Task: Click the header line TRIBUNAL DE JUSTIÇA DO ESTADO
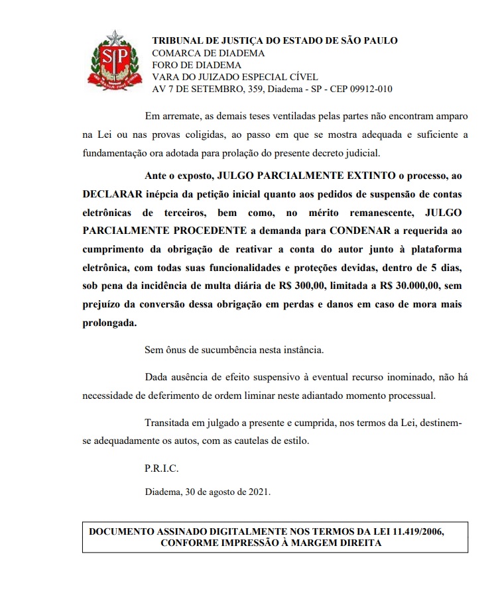pyautogui.click(x=275, y=40)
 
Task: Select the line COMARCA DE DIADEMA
pyautogui.click(x=208, y=53)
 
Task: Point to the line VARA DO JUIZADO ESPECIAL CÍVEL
pyautogui.click(x=235, y=78)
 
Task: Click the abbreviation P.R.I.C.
pyautogui.click(x=162, y=468)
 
